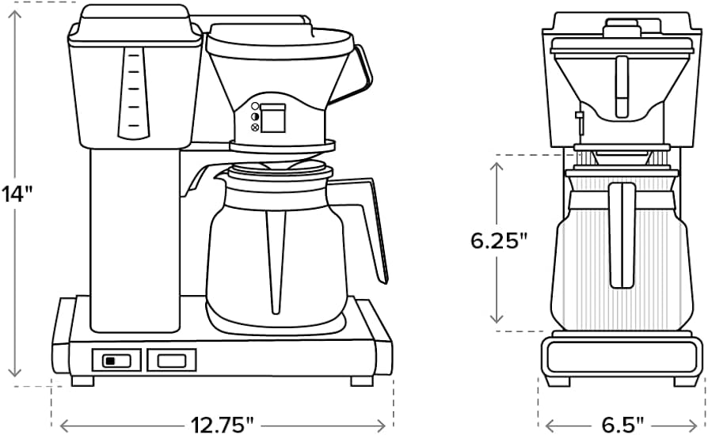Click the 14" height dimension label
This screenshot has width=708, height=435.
click(17, 193)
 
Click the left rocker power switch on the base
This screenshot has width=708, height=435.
click(118, 361)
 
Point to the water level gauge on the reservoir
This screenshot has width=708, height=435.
click(132, 91)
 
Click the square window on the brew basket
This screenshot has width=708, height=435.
click(275, 119)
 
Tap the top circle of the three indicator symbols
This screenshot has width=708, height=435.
click(255, 107)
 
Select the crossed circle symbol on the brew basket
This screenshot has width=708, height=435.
click(255, 127)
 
